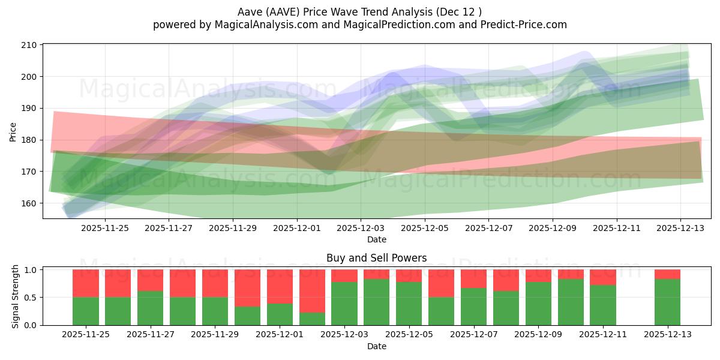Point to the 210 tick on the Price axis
pyautogui.click(x=30, y=45)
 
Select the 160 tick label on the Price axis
pyautogui.click(x=30, y=203)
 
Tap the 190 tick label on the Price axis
pyautogui.click(x=30, y=109)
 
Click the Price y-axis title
pyautogui.click(x=13, y=131)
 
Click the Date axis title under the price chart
pyautogui.click(x=377, y=239)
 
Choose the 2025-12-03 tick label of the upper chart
pyautogui.click(x=361, y=228)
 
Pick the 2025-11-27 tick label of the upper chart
pyautogui.click(x=169, y=228)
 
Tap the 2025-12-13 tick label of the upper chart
pyautogui.click(x=680, y=228)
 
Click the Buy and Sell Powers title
pyautogui.click(x=377, y=258)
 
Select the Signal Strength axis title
pyautogui.click(x=16, y=297)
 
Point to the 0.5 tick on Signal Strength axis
pyautogui.click(x=30, y=298)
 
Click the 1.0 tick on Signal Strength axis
pyautogui.click(x=30, y=270)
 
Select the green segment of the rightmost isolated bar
pyautogui.click(x=667, y=302)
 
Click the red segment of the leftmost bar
pyautogui.click(x=86, y=283)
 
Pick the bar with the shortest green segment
pyautogui.click(x=312, y=319)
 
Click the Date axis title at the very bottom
pyautogui.click(x=377, y=346)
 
